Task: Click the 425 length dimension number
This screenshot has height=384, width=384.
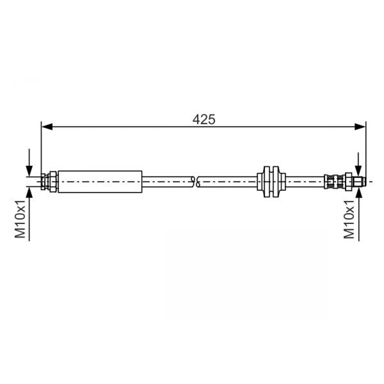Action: (204, 119)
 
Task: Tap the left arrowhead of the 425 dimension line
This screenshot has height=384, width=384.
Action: (47, 127)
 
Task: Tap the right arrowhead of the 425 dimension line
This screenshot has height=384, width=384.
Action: (360, 127)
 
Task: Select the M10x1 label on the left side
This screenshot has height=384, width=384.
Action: (20, 219)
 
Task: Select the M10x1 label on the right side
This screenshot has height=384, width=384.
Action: (349, 219)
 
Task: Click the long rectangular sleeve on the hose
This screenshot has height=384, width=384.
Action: (100, 182)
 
